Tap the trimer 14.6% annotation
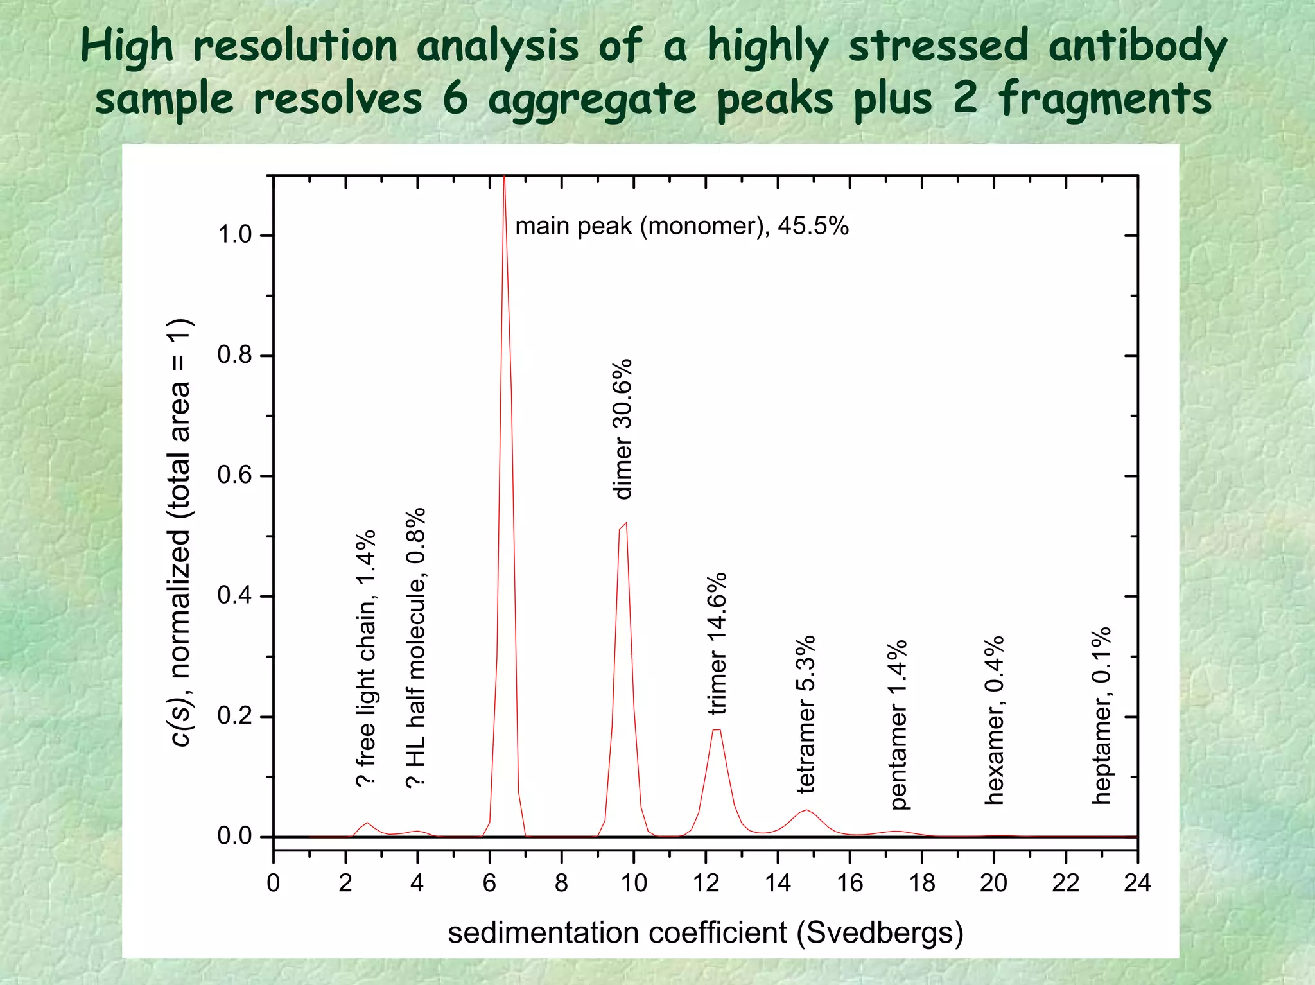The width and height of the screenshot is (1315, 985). [717, 644]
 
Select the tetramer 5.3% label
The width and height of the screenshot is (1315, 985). [806, 713]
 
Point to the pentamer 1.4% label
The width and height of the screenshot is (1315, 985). [899, 724]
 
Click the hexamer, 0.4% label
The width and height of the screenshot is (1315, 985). [994, 720]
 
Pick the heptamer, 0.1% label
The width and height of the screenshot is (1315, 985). [1101, 715]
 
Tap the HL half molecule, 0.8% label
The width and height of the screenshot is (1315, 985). [416, 647]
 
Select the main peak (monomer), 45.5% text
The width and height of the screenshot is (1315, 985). [681, 226]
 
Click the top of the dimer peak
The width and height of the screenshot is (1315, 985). [625, 523]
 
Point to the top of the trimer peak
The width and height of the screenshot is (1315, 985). [717, 730]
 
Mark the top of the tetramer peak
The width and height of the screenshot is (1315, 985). [807, 810]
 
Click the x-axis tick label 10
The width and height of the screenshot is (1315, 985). [633, 884]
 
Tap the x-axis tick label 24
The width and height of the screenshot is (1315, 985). [1137, 884]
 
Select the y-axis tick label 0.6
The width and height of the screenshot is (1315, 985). [234, 476]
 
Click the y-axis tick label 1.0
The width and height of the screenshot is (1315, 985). [234, 235]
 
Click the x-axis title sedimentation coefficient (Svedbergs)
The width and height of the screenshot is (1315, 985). [705, 932]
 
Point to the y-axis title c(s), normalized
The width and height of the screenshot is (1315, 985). [180, 532]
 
